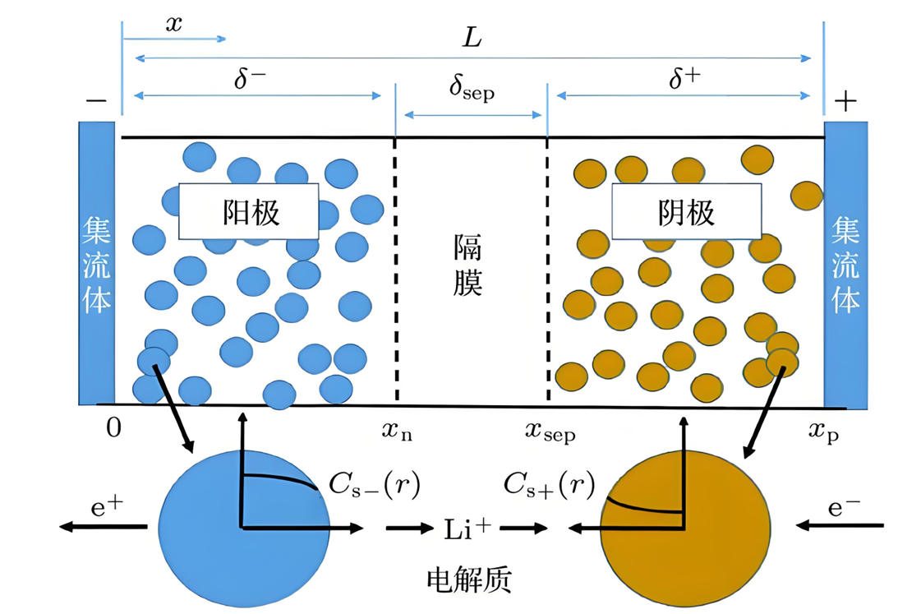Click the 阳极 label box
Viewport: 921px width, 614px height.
click(248, 211)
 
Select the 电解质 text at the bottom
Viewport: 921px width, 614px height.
click(469, 580)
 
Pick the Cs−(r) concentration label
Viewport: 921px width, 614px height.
click(374, 486)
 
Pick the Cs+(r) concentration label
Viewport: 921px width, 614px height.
click(550, 486)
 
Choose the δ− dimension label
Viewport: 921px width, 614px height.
click(251, 80)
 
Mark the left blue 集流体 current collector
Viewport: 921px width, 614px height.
click(97, 263)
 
